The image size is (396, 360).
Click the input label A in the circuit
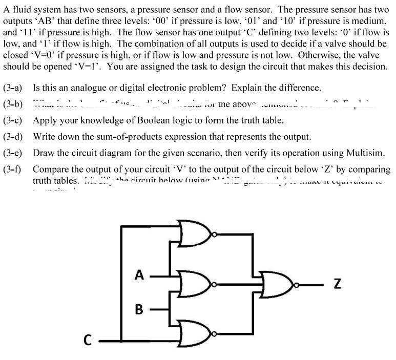[x=138, y=274]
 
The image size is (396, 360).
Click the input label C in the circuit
[x=89, y=339]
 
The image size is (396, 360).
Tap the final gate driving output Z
[x=277, y=281]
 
